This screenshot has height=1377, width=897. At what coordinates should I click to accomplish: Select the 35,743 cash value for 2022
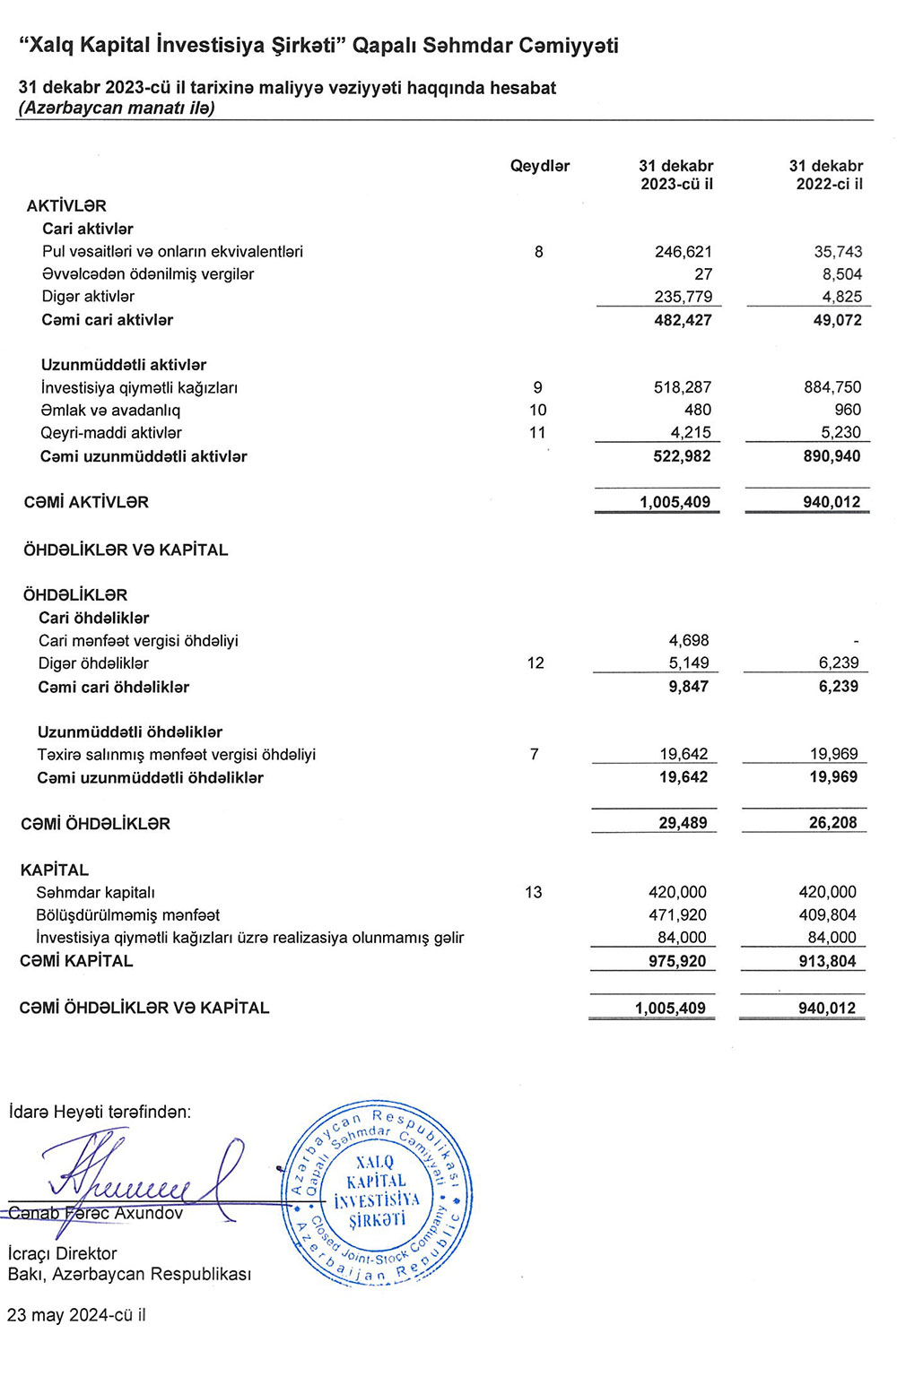(838, 252)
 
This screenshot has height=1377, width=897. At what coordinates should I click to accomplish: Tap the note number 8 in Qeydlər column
(538, 252)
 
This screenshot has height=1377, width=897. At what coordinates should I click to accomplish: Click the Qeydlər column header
(540, 166)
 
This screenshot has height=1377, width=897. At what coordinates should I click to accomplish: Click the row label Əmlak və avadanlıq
(110, 411)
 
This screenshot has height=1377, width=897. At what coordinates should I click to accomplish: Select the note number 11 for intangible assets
(537, 433)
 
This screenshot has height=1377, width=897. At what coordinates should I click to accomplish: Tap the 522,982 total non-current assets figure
(683, 456)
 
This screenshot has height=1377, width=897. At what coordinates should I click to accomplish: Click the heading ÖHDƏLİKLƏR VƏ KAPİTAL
(126, 550)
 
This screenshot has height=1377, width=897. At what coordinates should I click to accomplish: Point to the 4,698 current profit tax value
(689, 641)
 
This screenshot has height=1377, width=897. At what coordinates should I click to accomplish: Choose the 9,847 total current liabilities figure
(688, 687)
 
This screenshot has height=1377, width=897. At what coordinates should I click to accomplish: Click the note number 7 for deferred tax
(535, 754)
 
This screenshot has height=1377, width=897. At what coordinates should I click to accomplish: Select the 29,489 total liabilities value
(683, 823)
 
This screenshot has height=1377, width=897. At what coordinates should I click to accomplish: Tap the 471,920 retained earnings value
(677, 915)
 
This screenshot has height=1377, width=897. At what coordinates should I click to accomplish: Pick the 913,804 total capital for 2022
(827, 961)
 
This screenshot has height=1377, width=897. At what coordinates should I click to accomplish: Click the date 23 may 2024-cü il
(76, 1315)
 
